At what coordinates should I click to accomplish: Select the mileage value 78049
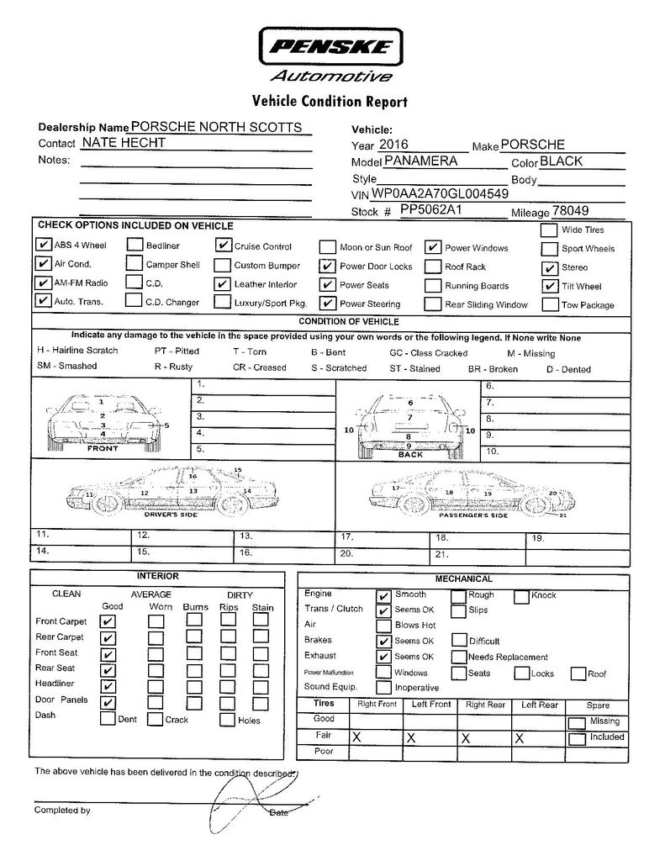[x=571, y=211]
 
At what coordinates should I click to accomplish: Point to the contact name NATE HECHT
[x=123, y=143]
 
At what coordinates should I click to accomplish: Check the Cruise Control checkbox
[x=222, y=246]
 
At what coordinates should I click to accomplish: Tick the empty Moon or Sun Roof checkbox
[x=326, y=247]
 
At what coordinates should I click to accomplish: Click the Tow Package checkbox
[x=549, y=304]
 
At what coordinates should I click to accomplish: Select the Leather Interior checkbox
[x=222, y=284]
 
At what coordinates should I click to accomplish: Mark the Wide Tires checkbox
[x=549, y=230]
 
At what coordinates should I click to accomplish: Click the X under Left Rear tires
[x=520, y=737]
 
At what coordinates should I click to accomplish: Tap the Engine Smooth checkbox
[x=383, y=595]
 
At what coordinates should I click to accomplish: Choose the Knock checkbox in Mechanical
[x=521, y=596]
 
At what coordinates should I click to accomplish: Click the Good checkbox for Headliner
[x=108, y=686]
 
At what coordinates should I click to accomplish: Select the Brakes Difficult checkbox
[x=459, y=641]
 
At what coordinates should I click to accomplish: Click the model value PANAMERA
[x=420, y=161]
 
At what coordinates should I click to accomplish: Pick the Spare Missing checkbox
[x=577, y=722]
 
